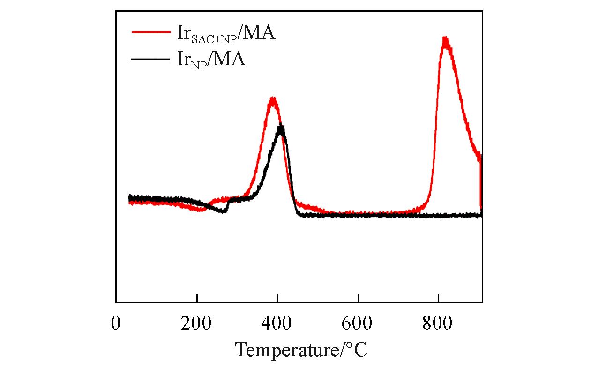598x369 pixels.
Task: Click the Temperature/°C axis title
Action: (301, 350)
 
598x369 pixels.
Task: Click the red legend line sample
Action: (150, 32)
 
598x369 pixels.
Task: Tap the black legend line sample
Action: (150, 59)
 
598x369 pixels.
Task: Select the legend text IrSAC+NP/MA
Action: (226, 34)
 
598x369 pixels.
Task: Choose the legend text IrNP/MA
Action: (211, 60)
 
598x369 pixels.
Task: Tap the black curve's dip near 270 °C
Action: (224, 211)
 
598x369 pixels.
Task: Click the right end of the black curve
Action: (481, 215)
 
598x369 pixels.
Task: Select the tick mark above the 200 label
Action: (197, 299)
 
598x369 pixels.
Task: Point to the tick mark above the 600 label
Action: (358, 299)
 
